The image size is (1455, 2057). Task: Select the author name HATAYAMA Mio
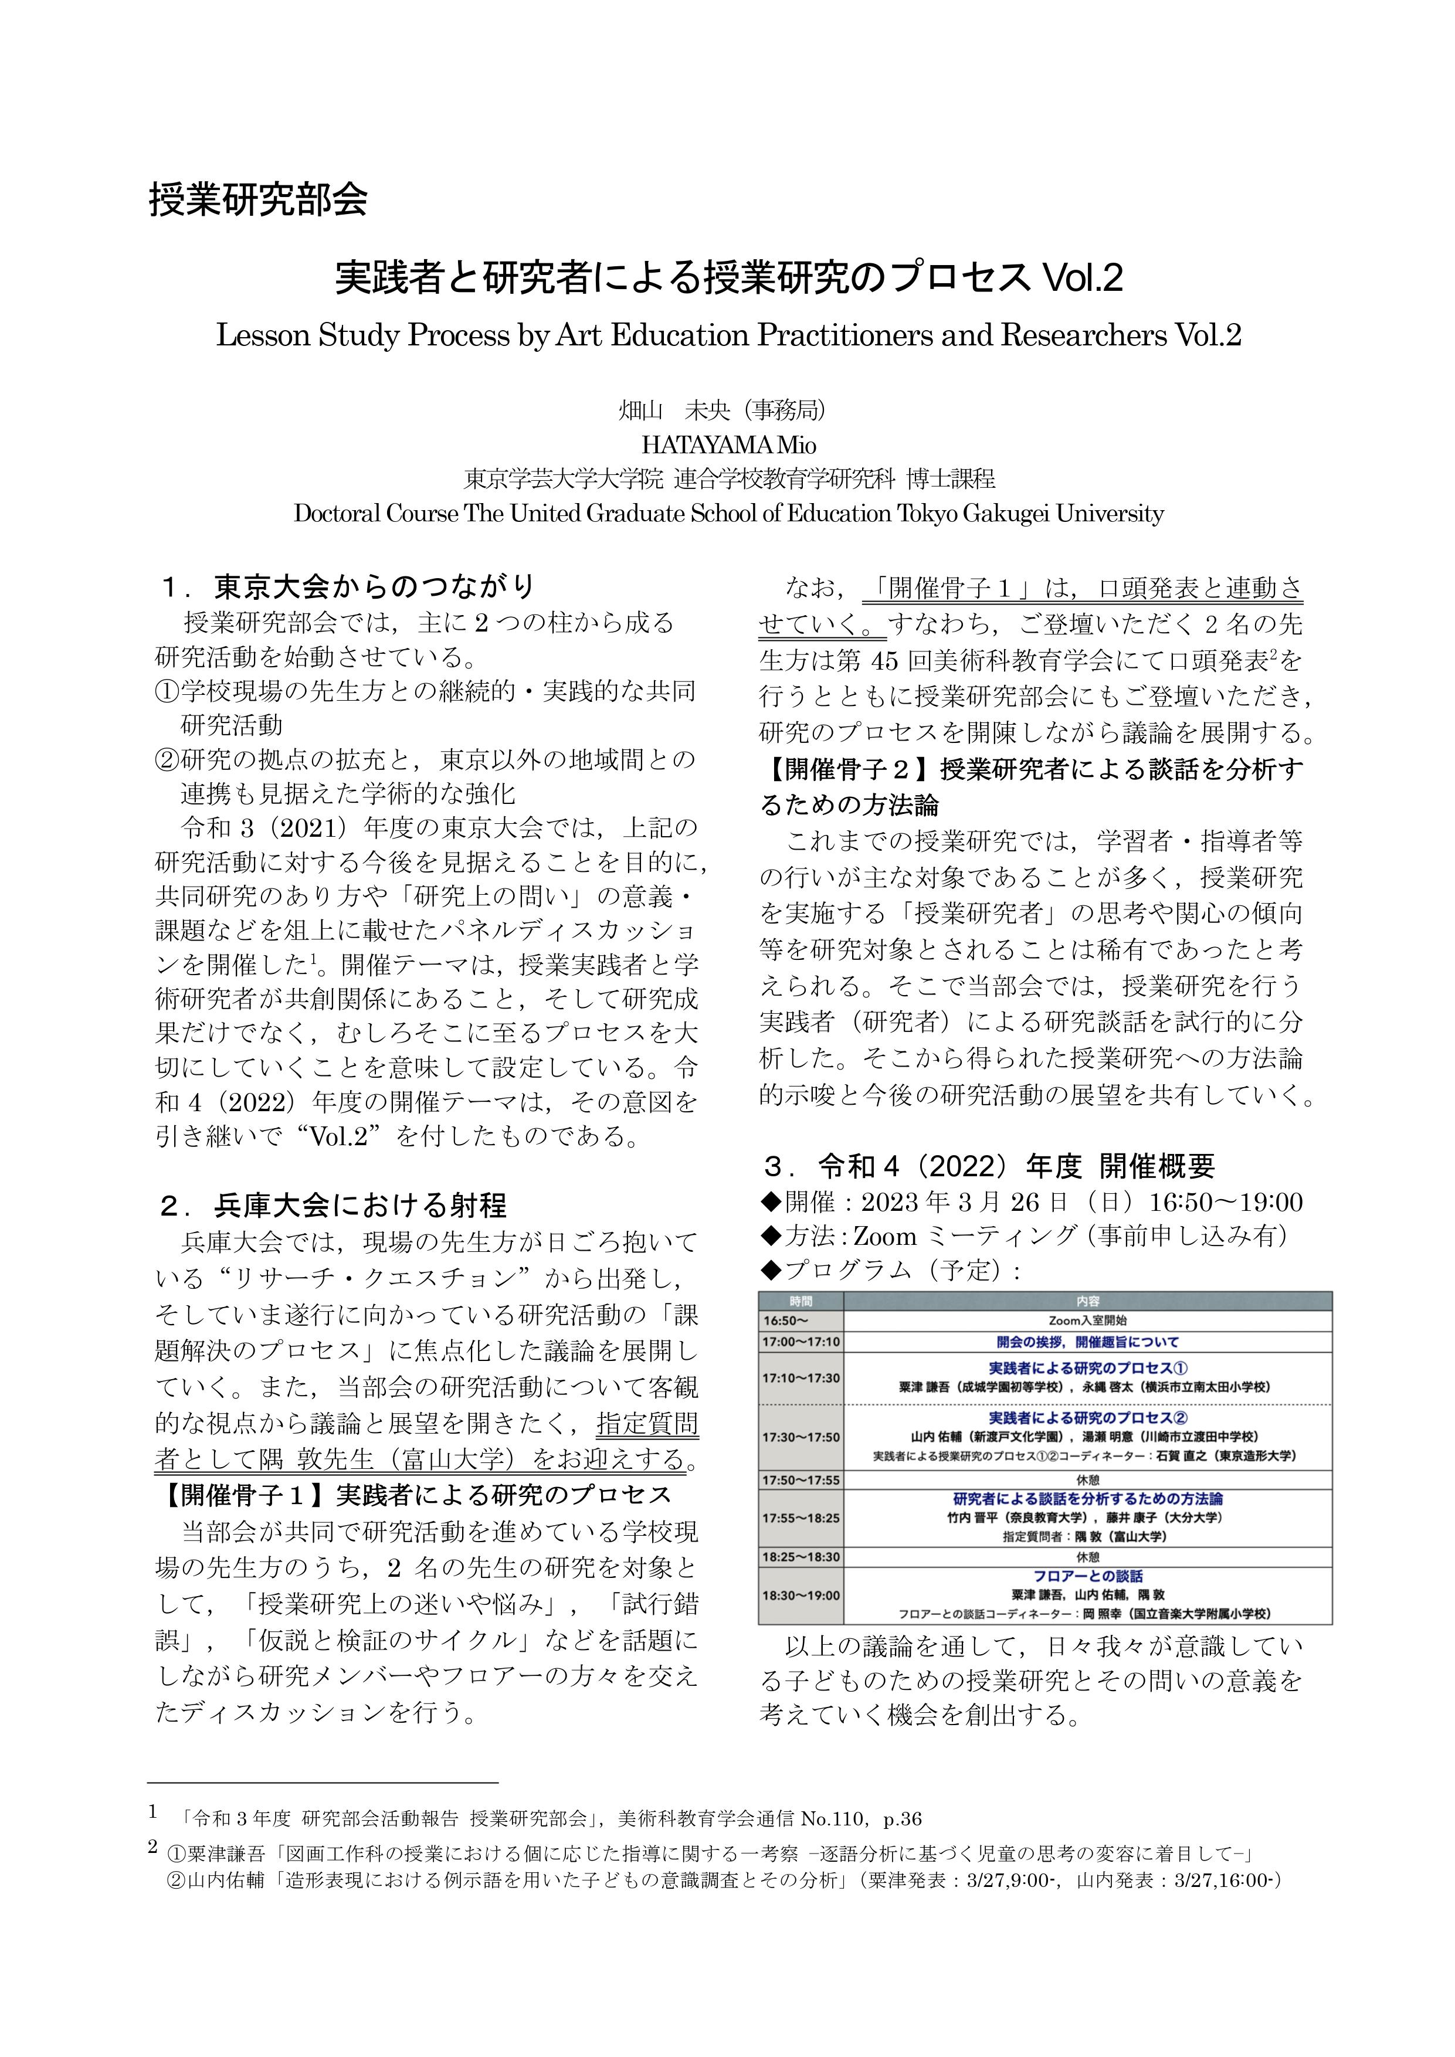point(727,444)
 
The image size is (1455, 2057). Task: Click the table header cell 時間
point(801,1301)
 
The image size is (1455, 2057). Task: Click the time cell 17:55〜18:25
point(801,1518)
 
